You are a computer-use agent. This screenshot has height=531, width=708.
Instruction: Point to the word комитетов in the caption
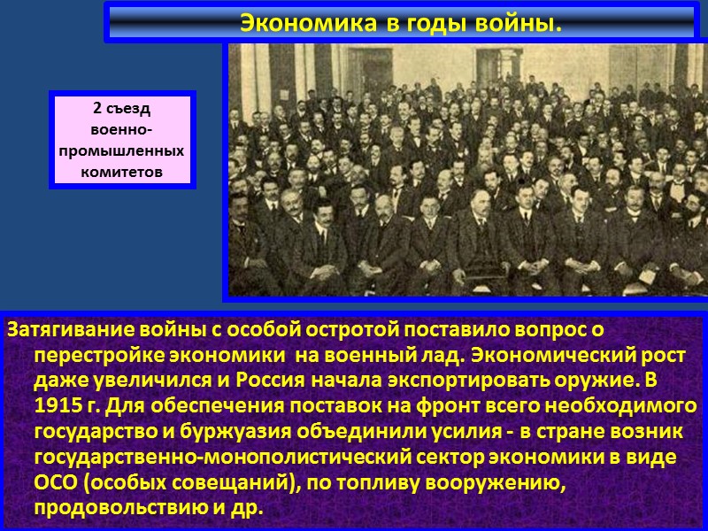click(121, 171)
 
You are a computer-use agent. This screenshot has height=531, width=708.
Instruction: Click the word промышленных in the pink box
click(121, 150)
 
